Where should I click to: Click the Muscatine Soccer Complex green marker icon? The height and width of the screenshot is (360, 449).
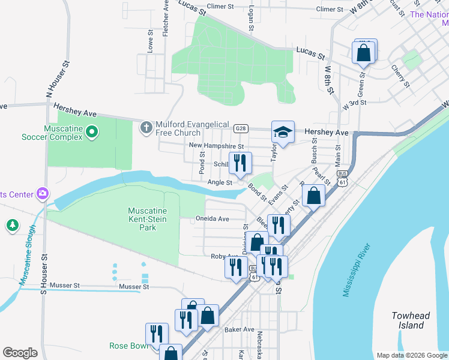click(x=91, y=131)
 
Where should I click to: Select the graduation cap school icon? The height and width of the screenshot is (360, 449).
click(x=283, y=132)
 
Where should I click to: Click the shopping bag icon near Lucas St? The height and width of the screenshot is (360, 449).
click(x=364, y=52)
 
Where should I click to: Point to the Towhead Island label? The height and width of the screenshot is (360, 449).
click(x=411, y=320)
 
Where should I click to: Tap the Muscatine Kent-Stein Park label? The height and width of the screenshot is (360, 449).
click(x=147, y=220)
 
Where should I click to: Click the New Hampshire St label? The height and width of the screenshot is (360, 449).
click(x=216, y=146)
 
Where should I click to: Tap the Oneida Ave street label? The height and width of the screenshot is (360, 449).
click(x=212, y=219)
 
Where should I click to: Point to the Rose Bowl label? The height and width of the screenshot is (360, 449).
click(x=128, y=346)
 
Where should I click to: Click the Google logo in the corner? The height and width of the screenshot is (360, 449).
click(x=20, y=353)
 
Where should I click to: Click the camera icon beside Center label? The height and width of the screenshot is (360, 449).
click(x=42, y=193)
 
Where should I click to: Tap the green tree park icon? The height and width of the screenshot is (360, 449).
click(x=12, y=225)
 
